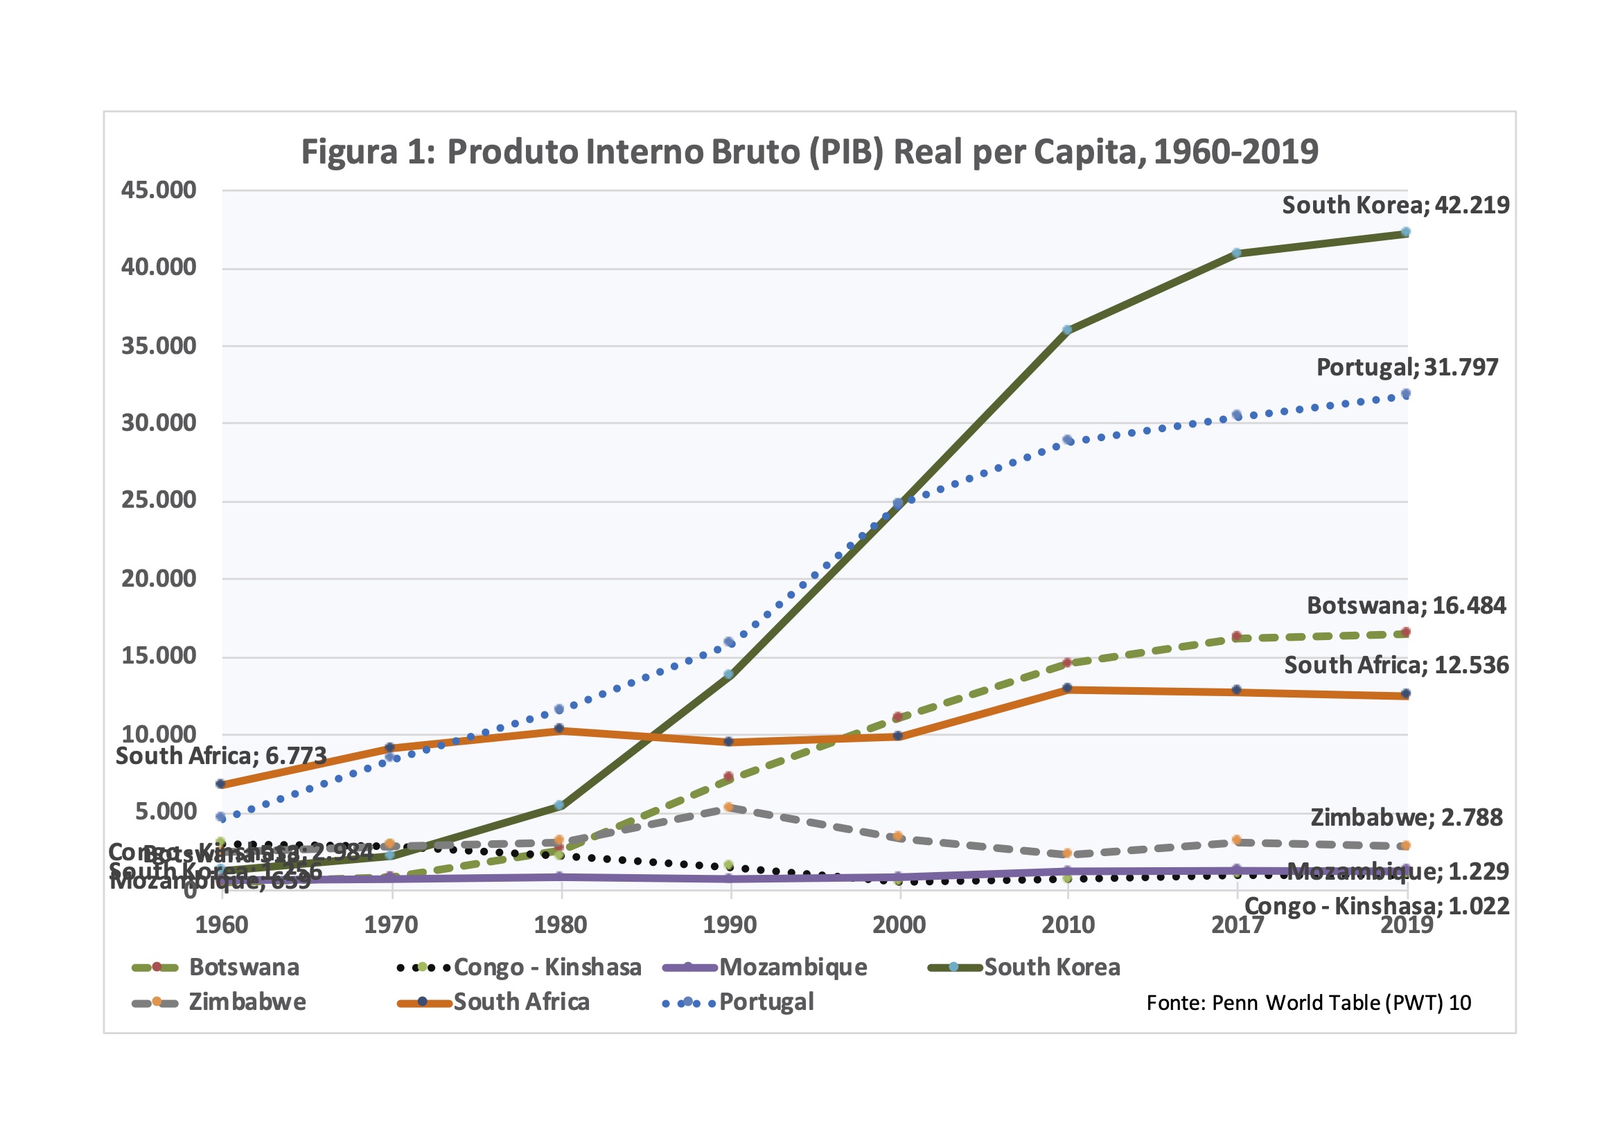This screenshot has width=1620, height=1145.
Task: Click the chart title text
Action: (809, 152)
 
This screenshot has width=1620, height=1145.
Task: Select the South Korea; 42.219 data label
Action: (1395, 205)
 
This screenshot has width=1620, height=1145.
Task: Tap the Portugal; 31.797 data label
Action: (1407, 368)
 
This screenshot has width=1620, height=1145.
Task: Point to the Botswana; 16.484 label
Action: (1406, 605)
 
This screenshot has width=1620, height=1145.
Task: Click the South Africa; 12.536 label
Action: (1396, 665)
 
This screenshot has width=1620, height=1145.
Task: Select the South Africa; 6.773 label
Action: (221, 756)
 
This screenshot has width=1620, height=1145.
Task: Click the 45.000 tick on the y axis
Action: (159, 190)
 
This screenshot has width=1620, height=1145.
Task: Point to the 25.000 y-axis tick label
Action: (159, 500)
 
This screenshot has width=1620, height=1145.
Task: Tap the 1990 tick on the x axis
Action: (730, 925)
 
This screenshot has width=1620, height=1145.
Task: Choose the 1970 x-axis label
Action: (391, 925)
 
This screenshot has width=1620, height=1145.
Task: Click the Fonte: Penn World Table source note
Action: (1308, 1003)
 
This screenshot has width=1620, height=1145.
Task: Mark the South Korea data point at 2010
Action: (1067, 330)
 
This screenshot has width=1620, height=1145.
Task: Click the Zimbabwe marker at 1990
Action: (729, 807)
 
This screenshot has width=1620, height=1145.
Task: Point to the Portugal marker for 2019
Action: (1405, 393)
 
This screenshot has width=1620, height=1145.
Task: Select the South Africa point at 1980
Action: (560, 728)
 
